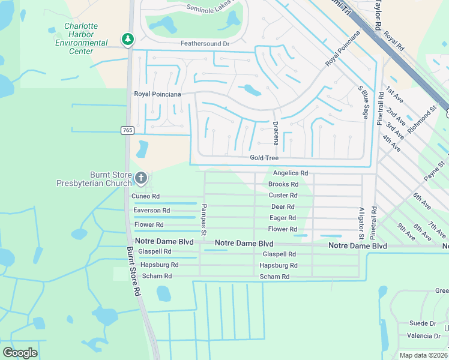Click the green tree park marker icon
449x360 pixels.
tap(127, 40)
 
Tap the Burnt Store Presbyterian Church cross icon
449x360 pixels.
tap(141, 177)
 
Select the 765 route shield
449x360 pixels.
tap(127, 130)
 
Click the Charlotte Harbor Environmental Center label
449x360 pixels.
tap(82, 39)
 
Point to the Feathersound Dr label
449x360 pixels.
tap(205, 44)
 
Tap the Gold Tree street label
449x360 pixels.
tap(264, 158)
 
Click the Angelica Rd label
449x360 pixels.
tap(291, 173)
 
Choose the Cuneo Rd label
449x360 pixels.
tap(145, 196)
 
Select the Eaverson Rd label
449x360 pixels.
tap(151, 211)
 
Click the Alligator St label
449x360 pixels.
tap(361, 220)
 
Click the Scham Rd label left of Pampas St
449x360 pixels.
tap(157, 276)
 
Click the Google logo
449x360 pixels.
tap(20, 353)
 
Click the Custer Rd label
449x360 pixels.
tap(283, 196)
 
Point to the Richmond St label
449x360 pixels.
tap(420, 118)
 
